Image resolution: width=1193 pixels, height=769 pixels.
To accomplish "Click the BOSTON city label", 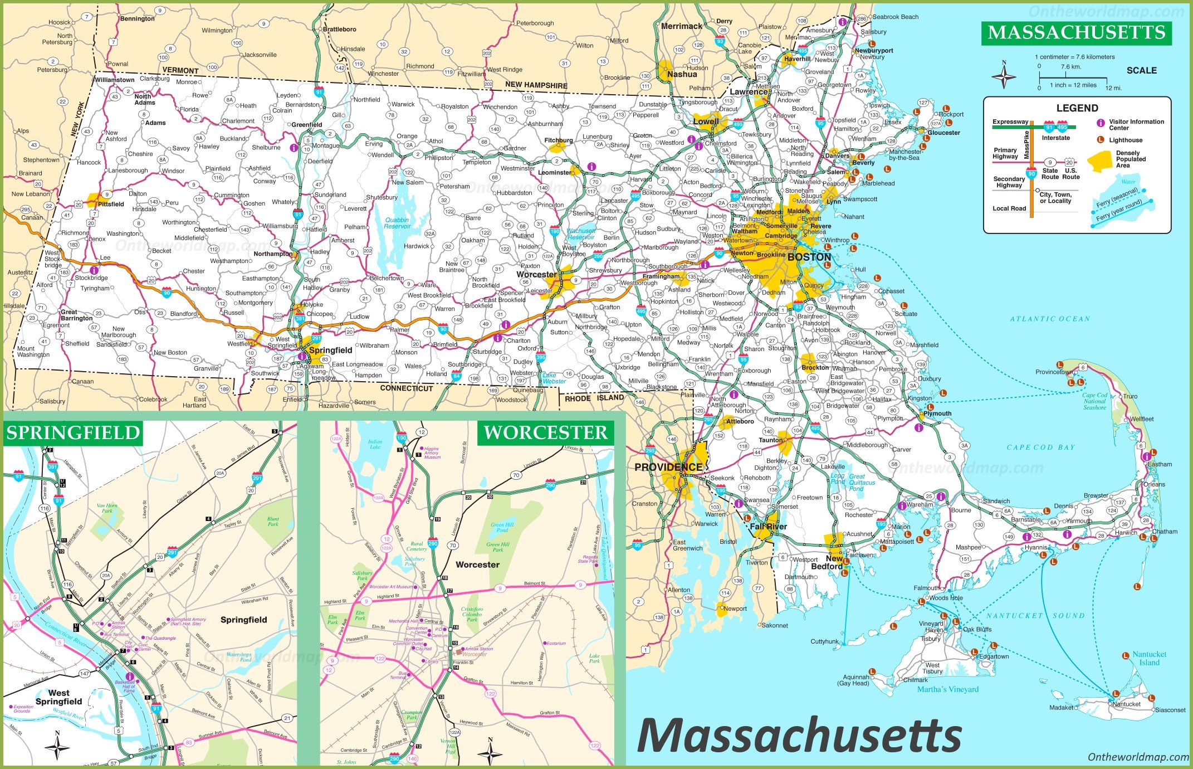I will [x=809, y=257].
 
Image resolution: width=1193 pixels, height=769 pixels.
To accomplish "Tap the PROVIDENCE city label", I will [x=668, y=467].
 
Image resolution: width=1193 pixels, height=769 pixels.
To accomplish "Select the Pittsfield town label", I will [x=110, y=204].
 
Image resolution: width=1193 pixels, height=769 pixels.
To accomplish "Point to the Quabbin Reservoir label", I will [x=397, y=223].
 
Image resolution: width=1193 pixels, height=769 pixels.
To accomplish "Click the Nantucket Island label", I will [x=1149, y=658].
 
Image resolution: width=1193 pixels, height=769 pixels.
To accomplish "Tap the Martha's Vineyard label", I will [x=947, y=689].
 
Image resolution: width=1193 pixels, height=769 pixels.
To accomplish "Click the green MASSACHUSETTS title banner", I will [x=1076, y=32].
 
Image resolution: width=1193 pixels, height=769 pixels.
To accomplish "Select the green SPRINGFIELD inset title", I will [x=73, y=433].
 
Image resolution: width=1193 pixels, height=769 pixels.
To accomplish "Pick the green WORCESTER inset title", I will [x=545, y=433].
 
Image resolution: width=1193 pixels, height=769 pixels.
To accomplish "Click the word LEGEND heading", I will [x=1077, y=108].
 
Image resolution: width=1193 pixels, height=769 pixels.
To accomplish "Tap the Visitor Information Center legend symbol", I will [x=1101, y=123].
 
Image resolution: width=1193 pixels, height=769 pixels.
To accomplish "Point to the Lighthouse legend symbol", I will [x=1101, y=140].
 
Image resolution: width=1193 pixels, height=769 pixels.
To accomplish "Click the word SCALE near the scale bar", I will [x=1141, y=70].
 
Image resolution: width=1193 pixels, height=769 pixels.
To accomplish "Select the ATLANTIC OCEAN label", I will [x=1050, y=319].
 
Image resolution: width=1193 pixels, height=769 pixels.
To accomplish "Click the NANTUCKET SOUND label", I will [x=1035, y=616].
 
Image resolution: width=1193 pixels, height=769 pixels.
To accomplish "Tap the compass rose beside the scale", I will [x=1004, y=76].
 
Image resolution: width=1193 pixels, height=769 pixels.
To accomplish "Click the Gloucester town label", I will [x=943, y=133].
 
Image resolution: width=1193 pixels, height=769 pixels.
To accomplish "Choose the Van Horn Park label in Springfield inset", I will [x=107, y=508].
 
